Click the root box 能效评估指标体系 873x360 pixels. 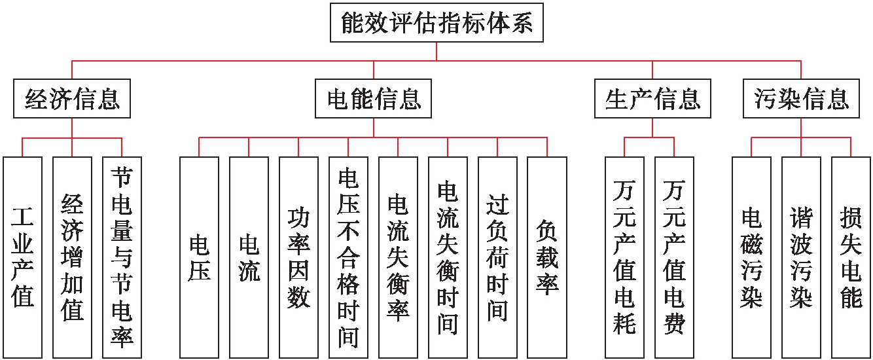tap(436, 24)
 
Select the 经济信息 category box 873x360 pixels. tap(72, 99)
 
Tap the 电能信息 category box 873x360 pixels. tap(374, 99)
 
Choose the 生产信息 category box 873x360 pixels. tap(652, 99)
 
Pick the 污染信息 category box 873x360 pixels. tap(801, 99)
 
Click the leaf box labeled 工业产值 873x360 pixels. tap(22, 257)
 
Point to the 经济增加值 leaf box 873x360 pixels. tap(72, 257)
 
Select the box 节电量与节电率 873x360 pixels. tap(122, 257)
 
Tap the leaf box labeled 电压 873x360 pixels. tap(199, 257)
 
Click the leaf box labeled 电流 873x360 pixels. tap(249, 257)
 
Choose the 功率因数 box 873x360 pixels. tap(298, 257)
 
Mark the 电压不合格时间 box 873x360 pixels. tap(348, 257)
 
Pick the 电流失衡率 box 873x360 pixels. tap(398, 257)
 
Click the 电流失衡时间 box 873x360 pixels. tap(448, 257)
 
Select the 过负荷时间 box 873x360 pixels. tap(497, 257)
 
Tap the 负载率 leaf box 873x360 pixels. tap(547, 257)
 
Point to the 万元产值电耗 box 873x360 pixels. tap(624, 257)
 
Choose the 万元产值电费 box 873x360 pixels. tap(674, 257)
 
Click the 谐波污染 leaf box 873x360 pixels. tap(801, 257)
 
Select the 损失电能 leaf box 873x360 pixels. tap(851, 257)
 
